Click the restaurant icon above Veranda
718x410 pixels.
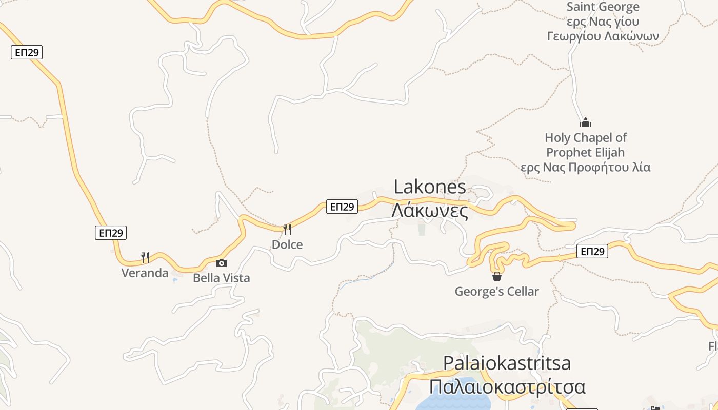(x=145, y=257)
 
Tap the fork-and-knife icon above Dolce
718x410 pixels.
(x=287, y=229)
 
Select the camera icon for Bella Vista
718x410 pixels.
(x=222, y=263)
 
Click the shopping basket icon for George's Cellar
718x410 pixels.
(x=496, y=277)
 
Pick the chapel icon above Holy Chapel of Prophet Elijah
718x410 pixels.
(x=585, y=122)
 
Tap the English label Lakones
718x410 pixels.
(x=430, y=187)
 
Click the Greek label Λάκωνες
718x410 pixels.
(x=430, y=211)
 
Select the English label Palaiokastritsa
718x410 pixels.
(x=507, y=363)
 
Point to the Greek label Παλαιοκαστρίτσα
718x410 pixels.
(x=507, y=386)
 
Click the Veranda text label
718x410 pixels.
(x=145, y=273)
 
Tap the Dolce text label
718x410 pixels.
(x=287, y=244)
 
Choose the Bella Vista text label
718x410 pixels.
(x=222, y=278)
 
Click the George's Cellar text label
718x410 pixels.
(x=496, y=292)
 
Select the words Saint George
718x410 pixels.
(x=603, y=7)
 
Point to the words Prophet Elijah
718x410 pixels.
(x=585, y=152)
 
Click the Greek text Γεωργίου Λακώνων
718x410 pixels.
(x=603, y=36)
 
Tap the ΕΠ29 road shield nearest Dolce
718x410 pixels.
(x=342, y=207)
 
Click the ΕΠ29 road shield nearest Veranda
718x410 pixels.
(x=110, y=233)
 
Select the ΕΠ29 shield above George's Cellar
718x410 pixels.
(x=592, y=251)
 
